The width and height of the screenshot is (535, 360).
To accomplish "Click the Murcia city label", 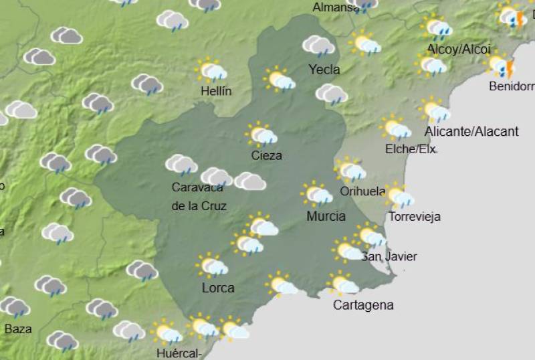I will click(326, 216).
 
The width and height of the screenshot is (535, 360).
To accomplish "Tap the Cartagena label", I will click(363, 305).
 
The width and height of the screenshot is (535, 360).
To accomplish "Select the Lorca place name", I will click(218, 288).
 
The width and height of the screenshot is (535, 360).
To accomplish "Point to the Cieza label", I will click(266, 155).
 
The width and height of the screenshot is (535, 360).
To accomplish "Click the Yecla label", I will click(324, 69).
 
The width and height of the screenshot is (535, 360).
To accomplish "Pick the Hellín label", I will click(215, 91).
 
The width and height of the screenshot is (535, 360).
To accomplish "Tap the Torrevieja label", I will click(415, 217).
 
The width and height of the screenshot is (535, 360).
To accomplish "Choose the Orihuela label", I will click(362, 191).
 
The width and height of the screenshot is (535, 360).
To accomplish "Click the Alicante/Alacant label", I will click(471, 131).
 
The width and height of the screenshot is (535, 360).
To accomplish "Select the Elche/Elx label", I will click(411, 149).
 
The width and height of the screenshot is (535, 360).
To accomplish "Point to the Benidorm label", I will click(512, 86).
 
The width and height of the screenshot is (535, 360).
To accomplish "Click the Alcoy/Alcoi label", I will click(458, 50).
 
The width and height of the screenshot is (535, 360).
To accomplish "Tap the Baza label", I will click(18, 329).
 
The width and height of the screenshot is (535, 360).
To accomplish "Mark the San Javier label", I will click(389, 256).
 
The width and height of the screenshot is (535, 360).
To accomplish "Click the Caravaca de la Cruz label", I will click(199, 196).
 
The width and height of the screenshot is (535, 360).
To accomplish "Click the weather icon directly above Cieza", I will click(261, 134).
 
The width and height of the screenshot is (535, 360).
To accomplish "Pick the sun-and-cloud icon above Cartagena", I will click(342, 284).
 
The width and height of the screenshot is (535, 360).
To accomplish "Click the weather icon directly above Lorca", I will click(212, 266).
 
